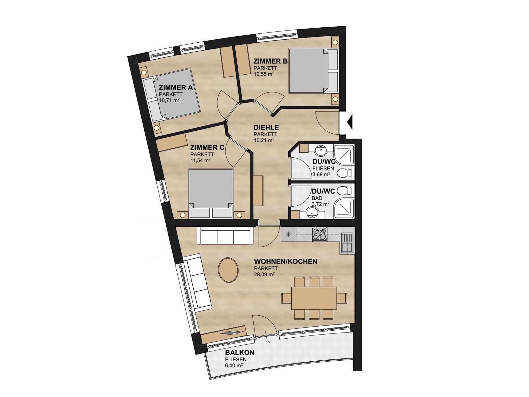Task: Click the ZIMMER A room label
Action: click(x=176, y=88)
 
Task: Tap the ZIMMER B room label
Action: click(x=270, y=61)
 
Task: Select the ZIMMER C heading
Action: click(x=207, y=148)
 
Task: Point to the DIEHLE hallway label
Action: click(x=266, y=127)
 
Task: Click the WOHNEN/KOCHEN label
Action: click(x=286, y=261)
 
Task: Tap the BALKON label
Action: click(x=240, y=353)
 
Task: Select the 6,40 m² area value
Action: click(x=234, y=365)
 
